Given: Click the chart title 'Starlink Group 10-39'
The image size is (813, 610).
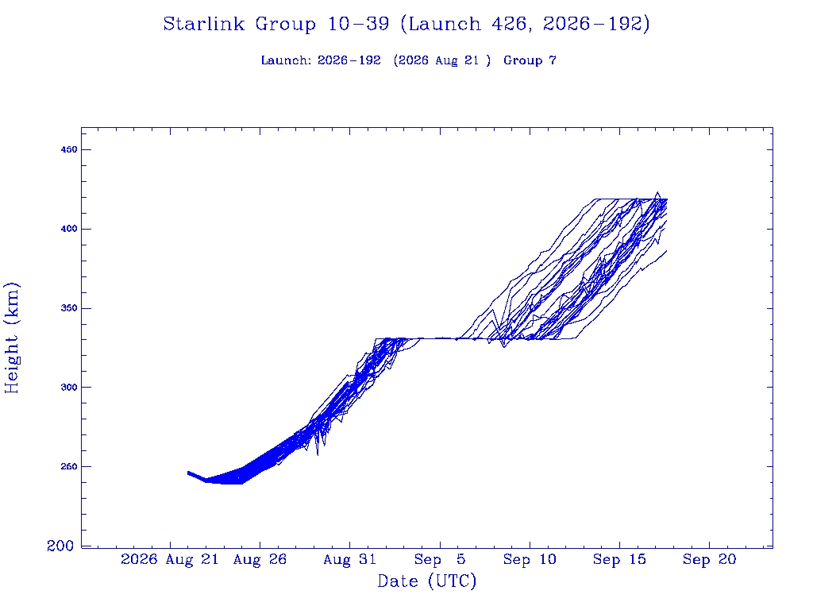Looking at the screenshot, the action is pyautogui.click(x=275, y=24).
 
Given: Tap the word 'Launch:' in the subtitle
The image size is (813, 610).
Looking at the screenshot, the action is pyautogui.click(x=286, y=60).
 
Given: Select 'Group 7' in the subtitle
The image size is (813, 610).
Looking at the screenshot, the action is pyautogui.click(x=530, y=60).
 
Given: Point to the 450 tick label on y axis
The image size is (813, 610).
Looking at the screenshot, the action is pyautogui.click(x=69, y=149).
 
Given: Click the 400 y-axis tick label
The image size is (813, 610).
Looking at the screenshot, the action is pyautogui.click(x=69, y=229).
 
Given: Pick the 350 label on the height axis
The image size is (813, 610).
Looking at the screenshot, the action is pyautogui.click(x=69, y=308).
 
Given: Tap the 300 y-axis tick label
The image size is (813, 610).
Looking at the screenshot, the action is pyautogui.click(x=69, y=388).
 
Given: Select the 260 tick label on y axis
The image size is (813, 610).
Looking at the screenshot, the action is pyautogui.click(x=69, y=467).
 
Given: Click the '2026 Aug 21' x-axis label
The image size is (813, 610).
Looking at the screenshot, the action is pyautogui.click(x=170, y=560).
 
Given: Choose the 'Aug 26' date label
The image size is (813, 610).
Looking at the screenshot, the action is pyautogui.click(x=260, y=560).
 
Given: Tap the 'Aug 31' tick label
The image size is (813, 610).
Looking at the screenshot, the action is pyautogui.click(x=350, y=560).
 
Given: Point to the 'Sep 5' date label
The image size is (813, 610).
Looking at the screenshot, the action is pyautogui.click(x=440, y=560).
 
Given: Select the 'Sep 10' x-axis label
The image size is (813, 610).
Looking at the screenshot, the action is pyautogui.click(x=530, y=560).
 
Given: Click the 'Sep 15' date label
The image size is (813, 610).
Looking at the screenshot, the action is pyautogui.click(x=619, y=560).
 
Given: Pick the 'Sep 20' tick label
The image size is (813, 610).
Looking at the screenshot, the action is pyautogui.click(x=709, y=560).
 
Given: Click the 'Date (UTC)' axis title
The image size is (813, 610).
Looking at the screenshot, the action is pyautogui.click(x=426, y=581).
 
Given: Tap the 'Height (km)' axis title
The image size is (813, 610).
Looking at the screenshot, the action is pyautogui.click(x=12, y=338).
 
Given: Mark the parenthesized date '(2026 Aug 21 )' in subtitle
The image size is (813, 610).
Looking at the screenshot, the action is pyautogui.click(x=441, y=60).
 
